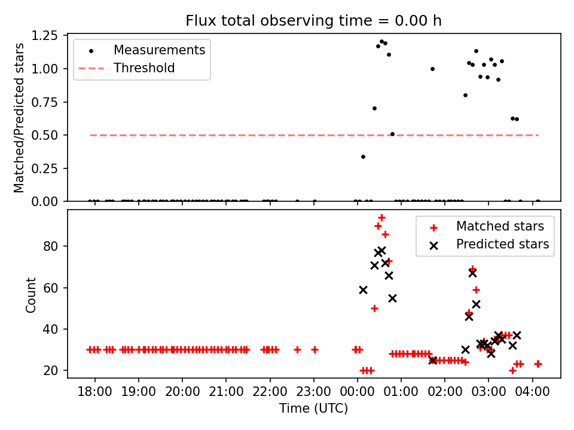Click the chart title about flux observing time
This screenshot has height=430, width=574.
point(313,21)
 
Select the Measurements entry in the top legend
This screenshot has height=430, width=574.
point(159,50)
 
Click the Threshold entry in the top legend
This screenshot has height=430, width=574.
point(144,68)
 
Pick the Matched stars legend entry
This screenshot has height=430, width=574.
point(500,226)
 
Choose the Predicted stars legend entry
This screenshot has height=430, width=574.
point(502,244)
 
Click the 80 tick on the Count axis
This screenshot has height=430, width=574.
point(55,247)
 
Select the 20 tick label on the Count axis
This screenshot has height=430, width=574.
point(55,371)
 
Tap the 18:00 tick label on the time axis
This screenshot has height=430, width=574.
point(95,394)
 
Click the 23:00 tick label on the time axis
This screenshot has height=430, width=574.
point(314,394)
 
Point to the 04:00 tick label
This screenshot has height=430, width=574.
point(533,394)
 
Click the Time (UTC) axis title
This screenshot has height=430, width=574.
point(313,409)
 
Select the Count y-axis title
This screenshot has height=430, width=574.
point(30,294)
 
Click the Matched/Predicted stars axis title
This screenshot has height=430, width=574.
point(20,118)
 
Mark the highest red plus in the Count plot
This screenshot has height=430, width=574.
point(381,217)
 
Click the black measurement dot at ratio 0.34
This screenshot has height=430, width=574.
point(363,156)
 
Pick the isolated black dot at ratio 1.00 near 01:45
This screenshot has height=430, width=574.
point(432,69)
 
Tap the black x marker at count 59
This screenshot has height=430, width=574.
point(363,290)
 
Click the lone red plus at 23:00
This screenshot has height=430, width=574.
point(315,349)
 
